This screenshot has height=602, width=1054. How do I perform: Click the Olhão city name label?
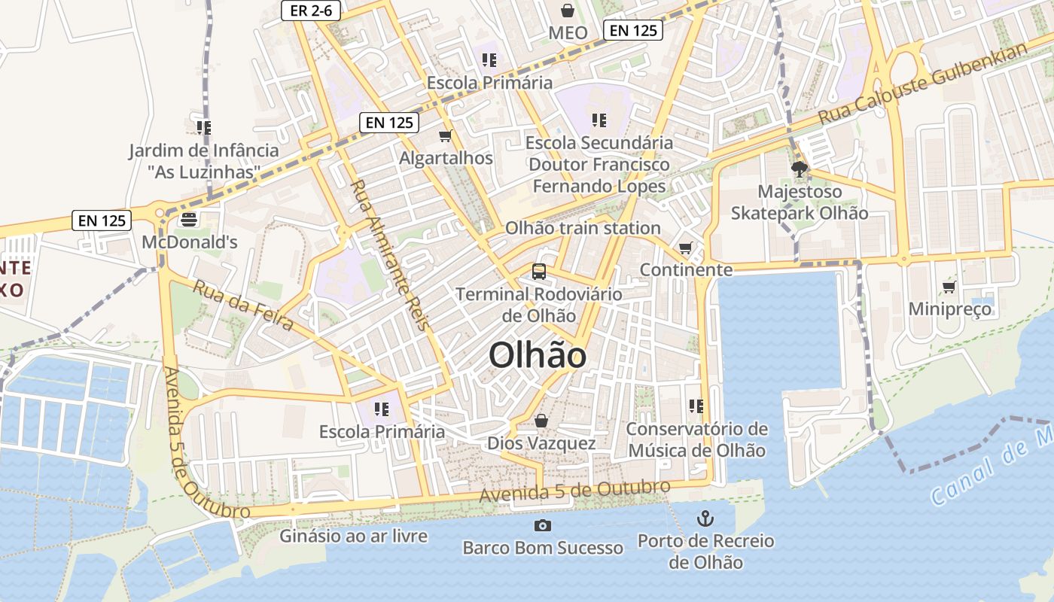click(x=538, y=355)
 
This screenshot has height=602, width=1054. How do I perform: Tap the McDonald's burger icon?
click(x=188, y=220)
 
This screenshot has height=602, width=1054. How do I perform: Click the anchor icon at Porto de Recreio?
click(x=705, y=518)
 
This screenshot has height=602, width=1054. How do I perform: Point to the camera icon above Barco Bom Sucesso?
click(x=542, y=525)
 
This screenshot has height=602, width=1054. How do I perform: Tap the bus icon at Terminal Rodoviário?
click(x=539, y=271)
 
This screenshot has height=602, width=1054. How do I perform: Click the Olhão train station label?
click(x=583, y=228)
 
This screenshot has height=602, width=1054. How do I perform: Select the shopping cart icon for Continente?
click(x=685, y=248)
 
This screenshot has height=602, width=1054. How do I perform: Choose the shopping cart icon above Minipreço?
click(x=949, y=287)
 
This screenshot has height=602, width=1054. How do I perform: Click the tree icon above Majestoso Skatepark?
click(x=800, y=169)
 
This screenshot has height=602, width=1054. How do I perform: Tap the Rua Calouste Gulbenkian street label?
click(x=923, y=84)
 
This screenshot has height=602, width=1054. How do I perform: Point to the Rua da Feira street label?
click(x=242, y=306)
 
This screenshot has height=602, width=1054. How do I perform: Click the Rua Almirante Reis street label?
click(x=389, y=255)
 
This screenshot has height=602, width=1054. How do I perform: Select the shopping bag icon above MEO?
click(x=568, y=11)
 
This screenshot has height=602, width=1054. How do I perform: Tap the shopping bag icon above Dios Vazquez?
click(x=541, y=421)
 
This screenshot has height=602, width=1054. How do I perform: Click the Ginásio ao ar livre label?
click(x=353, y=536)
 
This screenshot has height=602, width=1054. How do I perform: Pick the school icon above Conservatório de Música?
click(x=696, y=406)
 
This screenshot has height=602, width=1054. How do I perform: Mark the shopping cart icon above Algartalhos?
click(x=446, y=136)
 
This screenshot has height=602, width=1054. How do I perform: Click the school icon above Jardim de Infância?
click(x=203, y=128)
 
